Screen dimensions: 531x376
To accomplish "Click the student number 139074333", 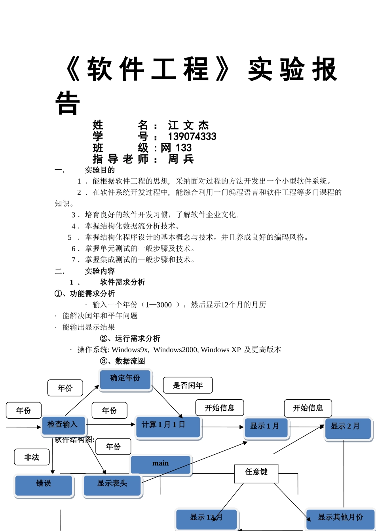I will click(x=192, y=137).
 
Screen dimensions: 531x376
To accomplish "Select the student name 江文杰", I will click(x=188, y=125).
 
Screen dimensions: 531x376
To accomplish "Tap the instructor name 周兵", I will click(x=181, y=159).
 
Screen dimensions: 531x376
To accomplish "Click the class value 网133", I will click(x=176, y=148).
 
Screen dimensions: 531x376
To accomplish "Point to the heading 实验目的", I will click(x=100, y=170).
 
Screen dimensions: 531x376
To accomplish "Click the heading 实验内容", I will click(x=100, y=271).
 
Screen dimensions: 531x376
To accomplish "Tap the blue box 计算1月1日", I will click(x=168, y=426).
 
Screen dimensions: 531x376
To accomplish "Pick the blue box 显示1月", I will click(x=266, y=427).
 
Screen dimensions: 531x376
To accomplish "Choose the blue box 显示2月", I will click(x=348, y=428).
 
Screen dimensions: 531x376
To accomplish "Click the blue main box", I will click(x=160, y=464).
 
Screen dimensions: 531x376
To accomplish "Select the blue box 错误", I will click(x=44, y=485).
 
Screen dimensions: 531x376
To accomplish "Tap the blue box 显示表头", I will click(x=112, y=485).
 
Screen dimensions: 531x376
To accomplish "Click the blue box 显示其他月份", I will click(x=340, y=518).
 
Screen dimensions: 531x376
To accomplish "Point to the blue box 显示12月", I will click(x=206, y=518).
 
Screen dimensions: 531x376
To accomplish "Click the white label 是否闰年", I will click(x=188, y=385).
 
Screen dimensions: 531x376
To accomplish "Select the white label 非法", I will click(x=32, y=457).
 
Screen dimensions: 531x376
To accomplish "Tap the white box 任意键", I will click(x=256, y=473).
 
